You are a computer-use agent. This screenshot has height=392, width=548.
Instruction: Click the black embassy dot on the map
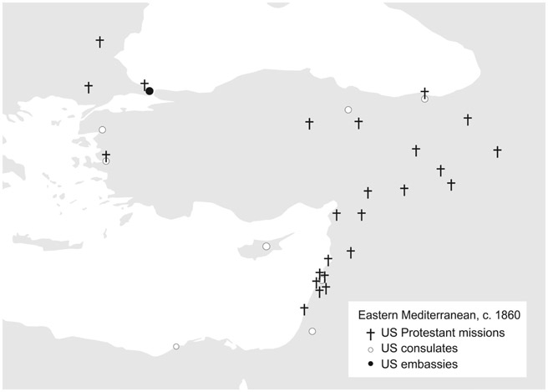point(150,91)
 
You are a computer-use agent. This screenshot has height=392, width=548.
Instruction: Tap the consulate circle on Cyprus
point(266,246)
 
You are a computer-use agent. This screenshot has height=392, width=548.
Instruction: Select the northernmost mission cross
point(100,41)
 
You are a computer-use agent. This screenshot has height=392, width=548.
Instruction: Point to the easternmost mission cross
point(497,151)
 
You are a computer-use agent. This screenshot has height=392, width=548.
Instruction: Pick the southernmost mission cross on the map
point(304,309)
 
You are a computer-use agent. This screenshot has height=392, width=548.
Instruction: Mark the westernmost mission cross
point(89,87)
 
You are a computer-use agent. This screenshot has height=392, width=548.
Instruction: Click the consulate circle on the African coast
point(175,346)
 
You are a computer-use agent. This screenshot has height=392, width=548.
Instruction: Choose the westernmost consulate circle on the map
point(102,130)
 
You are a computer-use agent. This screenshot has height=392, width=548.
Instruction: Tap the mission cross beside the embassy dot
point(144,84)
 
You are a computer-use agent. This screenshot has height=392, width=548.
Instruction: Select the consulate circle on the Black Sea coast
point(424,99)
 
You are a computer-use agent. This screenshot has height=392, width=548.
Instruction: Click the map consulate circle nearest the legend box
point(312,332)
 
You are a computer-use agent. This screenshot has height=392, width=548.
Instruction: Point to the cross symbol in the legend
point(369,333)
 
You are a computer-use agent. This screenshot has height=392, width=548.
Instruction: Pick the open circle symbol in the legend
point(369,348)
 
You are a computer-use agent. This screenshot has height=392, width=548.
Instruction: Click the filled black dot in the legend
point(369,364)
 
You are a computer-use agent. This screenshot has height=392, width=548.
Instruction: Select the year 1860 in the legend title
point(507,315)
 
